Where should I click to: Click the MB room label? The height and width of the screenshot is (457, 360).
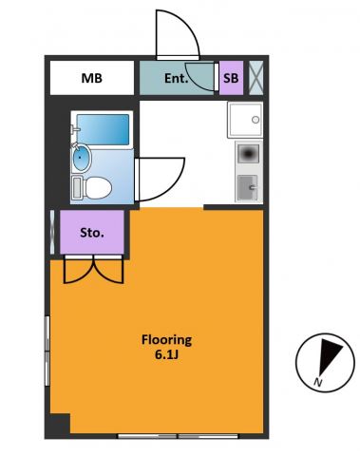pos(92,78)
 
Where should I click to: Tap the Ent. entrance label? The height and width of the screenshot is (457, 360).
pos(176,79)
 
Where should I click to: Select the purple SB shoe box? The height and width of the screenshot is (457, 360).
pos(231,78)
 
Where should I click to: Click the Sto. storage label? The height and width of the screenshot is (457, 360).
pos(92,233)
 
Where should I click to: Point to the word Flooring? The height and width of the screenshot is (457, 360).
pos(166,340)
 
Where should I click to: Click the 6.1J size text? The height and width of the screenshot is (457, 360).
pos(166,354)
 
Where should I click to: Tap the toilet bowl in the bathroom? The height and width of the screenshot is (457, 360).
pos(99,188)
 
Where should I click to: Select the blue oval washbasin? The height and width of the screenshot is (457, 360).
pos(82,158)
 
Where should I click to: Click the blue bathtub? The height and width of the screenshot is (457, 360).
pos(104,129)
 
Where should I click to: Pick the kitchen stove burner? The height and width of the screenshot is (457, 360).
pos(249,154)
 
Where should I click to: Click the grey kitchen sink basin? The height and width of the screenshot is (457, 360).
pos(248,188)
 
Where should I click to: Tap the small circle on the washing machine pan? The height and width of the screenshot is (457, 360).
pos(256,120)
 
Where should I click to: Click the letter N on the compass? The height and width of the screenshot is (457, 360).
pos(317,383)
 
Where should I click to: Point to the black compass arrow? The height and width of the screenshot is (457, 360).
pos(329,354)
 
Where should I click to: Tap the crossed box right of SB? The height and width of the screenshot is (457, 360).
pos(256,78)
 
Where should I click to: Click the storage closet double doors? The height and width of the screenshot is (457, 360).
pos(93,269)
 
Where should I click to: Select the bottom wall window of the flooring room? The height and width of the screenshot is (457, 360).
pos(178,436)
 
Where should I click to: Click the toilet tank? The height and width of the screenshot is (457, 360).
pos(77,188)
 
